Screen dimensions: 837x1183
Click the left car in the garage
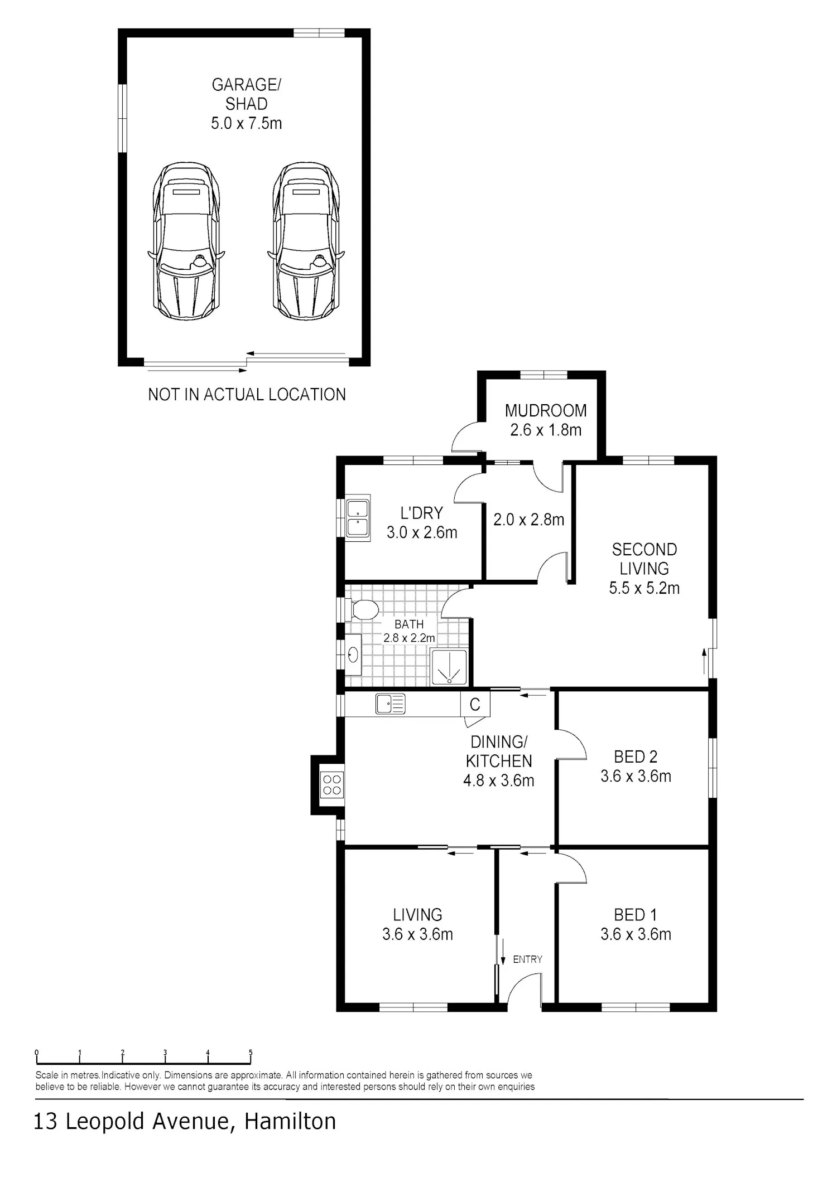pos(186,241)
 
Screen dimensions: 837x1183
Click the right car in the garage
pos(306,241)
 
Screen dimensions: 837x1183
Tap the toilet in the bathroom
pos(364,609)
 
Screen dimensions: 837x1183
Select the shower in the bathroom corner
pos(449,666)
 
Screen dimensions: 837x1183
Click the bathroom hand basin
pos(353,654)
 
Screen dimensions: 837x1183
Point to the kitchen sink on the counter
pos(390,704)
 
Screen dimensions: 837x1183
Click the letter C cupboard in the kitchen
pos(475,704)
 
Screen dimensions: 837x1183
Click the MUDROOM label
pos(546,411)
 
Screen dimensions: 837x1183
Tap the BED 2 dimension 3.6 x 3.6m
pos(636,776)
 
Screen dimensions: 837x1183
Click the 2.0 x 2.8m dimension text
pos(528,520)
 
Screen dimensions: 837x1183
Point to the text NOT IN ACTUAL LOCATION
pos(247,395)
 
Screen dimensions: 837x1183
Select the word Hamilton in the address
pos(290,1121)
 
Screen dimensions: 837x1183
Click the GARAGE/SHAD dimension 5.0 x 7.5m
pos(246,123)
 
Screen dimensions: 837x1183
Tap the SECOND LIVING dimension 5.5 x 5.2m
pos(644,588)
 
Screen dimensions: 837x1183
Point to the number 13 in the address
pos(46,1121)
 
